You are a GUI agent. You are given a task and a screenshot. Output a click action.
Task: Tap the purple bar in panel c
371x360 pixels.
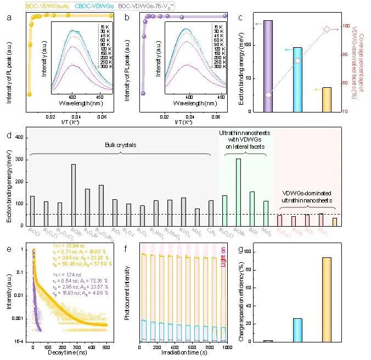(x=268, y=66)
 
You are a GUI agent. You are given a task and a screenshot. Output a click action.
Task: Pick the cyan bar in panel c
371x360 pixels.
(x=297, y=80)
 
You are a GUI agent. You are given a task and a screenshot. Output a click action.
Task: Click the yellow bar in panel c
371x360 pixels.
(x=327, y=99)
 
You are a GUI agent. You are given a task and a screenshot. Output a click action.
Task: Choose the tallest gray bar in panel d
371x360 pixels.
(x=73, y=195)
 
